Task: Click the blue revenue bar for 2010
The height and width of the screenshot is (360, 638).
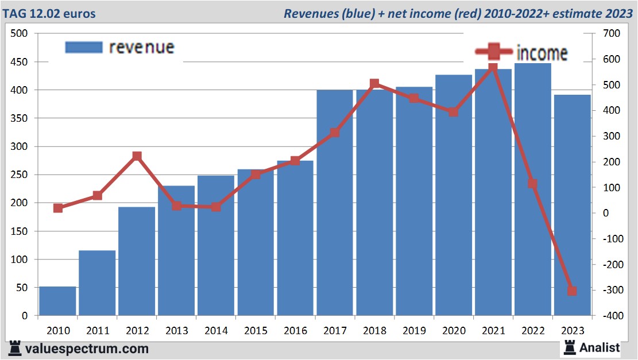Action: (57, 301)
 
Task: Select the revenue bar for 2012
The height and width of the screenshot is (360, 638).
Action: (137, 261)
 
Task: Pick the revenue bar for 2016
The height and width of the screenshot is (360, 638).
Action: (295, 238)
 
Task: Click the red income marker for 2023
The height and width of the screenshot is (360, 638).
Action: (572, 291)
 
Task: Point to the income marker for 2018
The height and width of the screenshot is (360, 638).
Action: (374, 84)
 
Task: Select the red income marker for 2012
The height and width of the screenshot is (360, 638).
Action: (137, 156)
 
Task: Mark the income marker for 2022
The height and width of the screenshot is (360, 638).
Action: (532, 184)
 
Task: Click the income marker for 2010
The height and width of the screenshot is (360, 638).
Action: (57, 208)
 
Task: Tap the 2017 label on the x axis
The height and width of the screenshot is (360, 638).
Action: (335, 331)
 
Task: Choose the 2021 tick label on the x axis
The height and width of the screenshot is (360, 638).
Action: (493, 331)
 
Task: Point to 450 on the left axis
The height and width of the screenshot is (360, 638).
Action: (20, 62)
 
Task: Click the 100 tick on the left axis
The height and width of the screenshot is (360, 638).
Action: (20, 260)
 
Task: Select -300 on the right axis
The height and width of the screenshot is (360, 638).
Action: (609, 291)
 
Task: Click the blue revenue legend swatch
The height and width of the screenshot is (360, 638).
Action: (84, 48)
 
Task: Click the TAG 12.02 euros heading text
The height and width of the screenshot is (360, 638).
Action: (51, 13)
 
